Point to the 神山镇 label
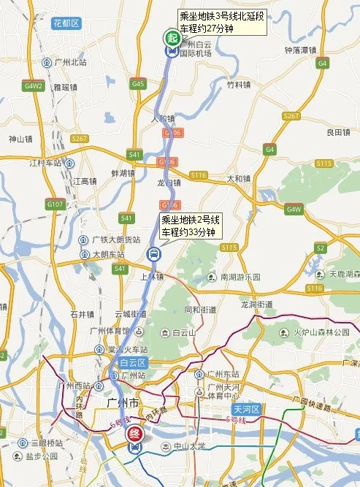pos(20,139)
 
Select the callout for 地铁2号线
pos(190,226)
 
